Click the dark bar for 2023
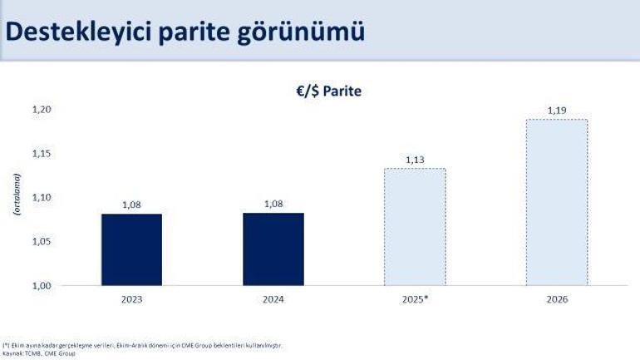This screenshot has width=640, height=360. pos(131,249)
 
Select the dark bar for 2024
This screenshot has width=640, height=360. pos(273,249)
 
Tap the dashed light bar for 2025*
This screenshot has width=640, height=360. pos(415,227)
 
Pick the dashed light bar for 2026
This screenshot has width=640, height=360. pos(556,202)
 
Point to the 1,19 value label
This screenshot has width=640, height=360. pos(556,111)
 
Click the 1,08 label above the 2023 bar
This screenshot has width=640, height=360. pos(131,205)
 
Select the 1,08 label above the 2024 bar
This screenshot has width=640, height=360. pos(273,205)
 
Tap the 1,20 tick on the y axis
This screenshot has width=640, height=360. pos(42,110)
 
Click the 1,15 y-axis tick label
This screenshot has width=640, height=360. pos(42,154)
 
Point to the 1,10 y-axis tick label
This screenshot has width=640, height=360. pos(42,198)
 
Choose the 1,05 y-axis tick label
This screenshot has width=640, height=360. pos(42,242)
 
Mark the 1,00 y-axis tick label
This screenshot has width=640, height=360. pos(42,286)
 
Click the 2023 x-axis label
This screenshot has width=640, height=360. pos(131,299)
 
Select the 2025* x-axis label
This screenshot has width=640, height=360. pos(415,299)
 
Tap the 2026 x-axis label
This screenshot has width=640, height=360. pos(556,299)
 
